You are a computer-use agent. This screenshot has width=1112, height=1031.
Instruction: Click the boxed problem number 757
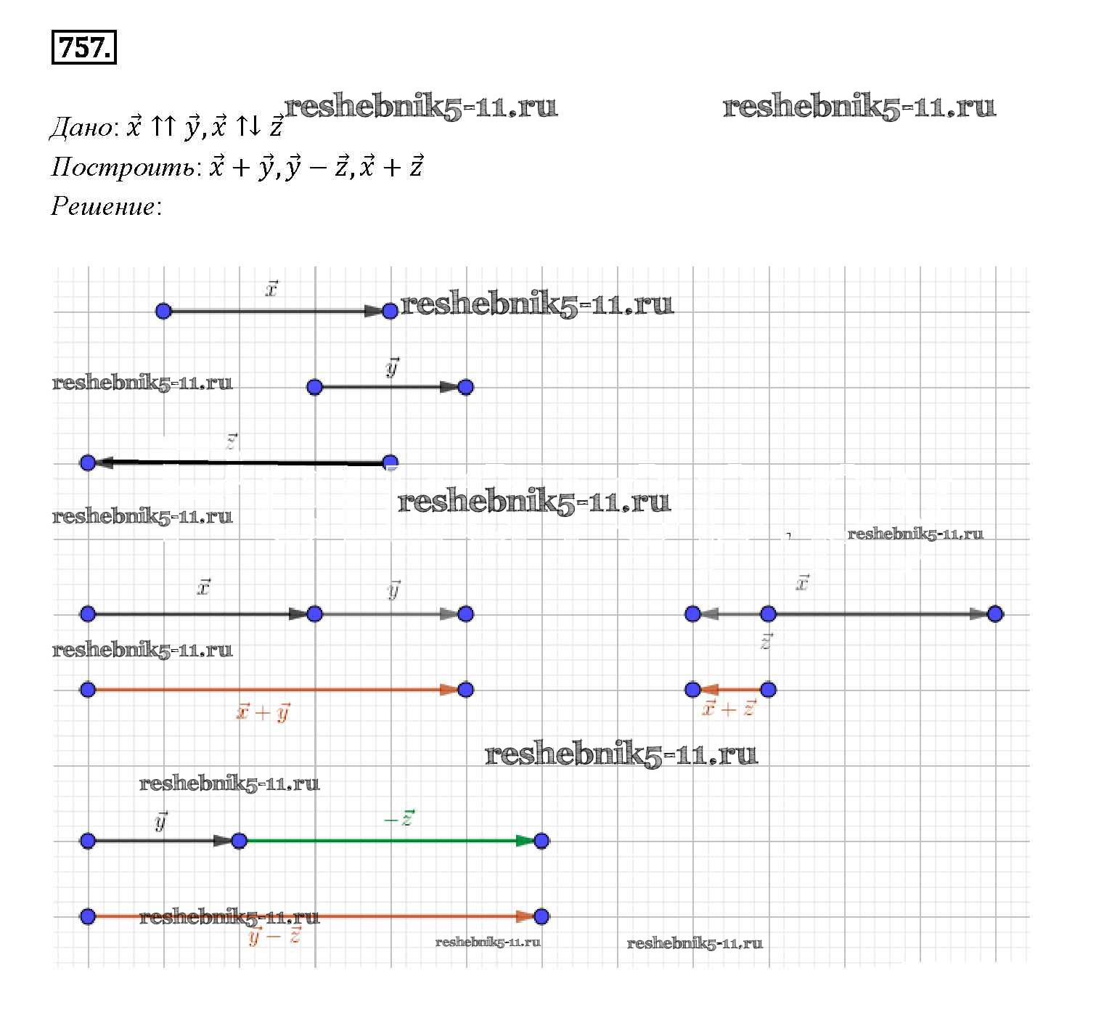coord(84,48)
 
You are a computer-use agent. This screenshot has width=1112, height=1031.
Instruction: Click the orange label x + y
coord(263,712)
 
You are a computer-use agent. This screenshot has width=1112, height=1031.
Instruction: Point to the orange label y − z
coord(275,937)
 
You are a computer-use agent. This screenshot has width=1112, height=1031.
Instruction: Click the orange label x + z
coord(729,709)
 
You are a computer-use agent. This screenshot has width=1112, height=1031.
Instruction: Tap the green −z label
coord(398,819)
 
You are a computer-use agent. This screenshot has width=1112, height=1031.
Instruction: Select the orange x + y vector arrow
coord(276,690)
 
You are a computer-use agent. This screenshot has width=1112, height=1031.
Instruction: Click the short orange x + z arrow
coord(730,690)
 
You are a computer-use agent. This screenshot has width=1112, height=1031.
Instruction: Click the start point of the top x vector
coord(163,311)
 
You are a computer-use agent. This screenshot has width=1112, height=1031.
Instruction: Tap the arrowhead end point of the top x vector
coord(390,311)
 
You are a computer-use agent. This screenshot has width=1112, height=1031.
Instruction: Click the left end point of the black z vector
coord(88,462)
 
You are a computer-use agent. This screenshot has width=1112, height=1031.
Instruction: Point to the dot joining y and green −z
coord(239,841)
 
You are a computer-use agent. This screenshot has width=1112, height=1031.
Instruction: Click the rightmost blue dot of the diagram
coord(995,614)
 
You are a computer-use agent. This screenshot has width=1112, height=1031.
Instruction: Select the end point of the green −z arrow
coord(541,841)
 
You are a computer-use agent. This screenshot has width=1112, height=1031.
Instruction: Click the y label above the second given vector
coord(393,369)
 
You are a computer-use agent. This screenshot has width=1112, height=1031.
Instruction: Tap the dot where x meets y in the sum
coord(314,614)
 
